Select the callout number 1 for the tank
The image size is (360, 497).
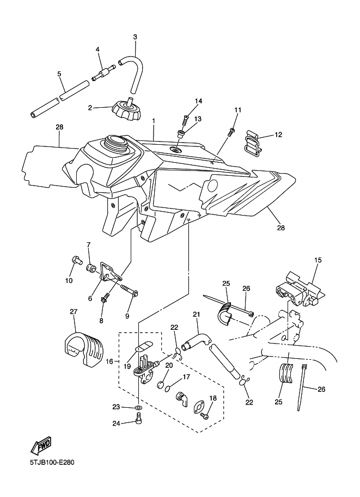click(x=154, y=121)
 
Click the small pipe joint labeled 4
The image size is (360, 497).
click(x=102, y=73)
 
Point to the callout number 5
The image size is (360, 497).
click(x=59, y=74)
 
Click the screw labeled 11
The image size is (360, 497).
click(x=231, y=132)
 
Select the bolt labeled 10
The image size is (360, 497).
click(x=76, y=259)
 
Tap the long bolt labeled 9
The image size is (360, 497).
click(x=130, y=290)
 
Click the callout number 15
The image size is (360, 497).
click(x=318, y=260)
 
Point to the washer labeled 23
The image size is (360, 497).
click(x=138, y=407)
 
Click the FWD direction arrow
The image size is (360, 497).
click(x=41, y=446)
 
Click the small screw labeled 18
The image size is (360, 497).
click(x=205, y=415)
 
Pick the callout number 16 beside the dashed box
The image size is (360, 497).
click(x=109, y=361)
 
